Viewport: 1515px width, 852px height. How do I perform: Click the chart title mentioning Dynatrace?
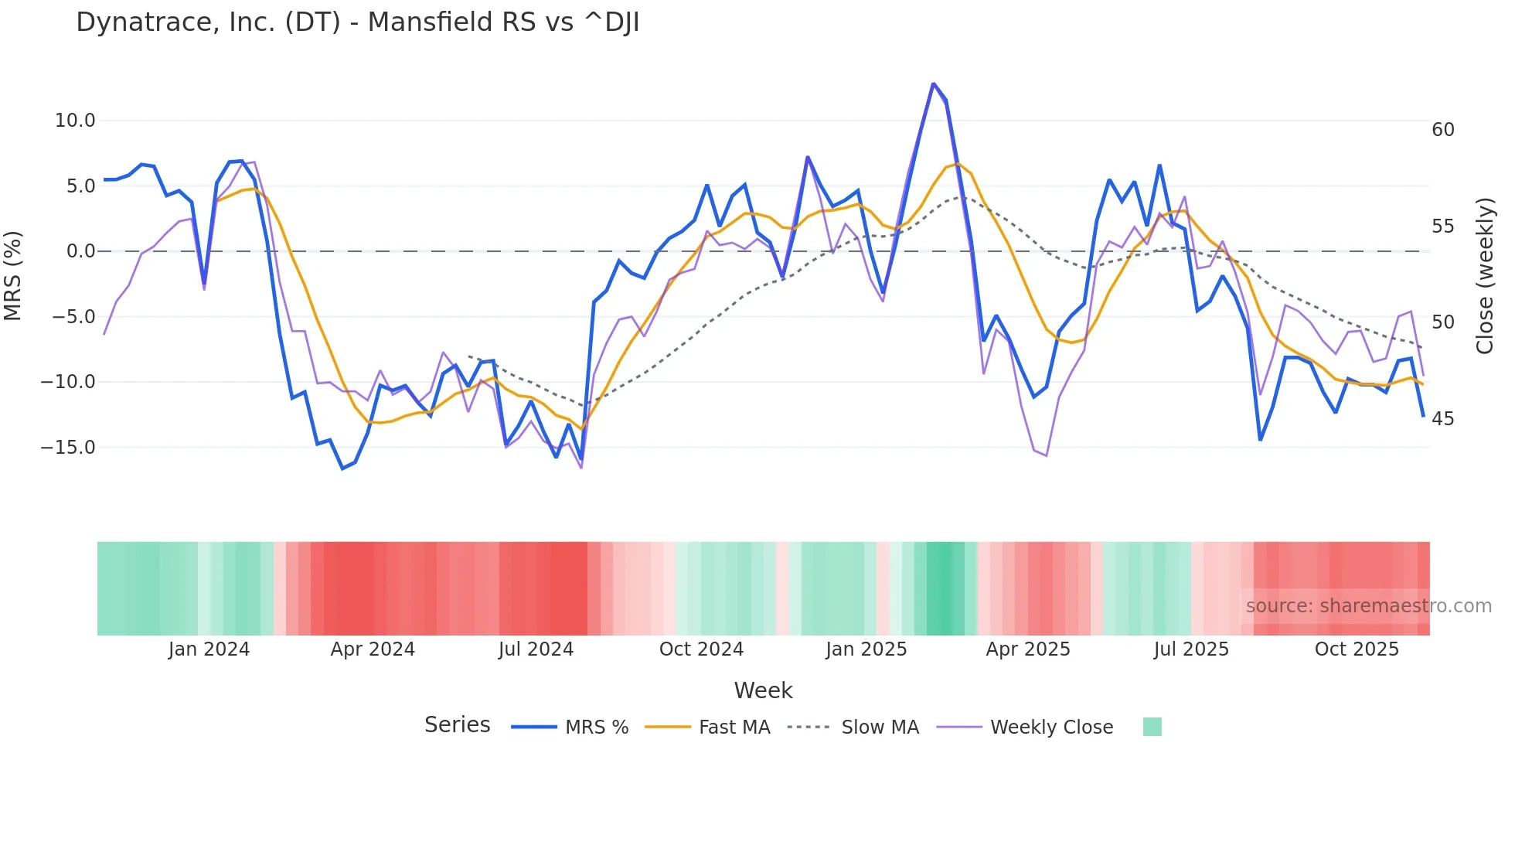(x=357, y=22)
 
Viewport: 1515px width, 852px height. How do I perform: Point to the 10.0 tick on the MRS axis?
(x=75, y=121)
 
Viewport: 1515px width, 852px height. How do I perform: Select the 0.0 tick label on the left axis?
(x=80, y=251)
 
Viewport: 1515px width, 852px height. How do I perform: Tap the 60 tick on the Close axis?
(x=1442, y=130)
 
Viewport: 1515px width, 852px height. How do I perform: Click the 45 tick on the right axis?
(x=1442, y=419)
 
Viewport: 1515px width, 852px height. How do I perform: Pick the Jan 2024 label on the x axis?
(x=209, y=649)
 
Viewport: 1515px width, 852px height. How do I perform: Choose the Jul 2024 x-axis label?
(x=536, y=649)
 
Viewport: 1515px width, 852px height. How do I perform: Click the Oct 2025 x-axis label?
(x=1357, y=649)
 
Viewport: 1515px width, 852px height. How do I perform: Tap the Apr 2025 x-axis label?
(x=1028, y=649)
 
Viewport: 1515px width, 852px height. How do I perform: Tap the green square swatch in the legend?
(x=1152, y=727)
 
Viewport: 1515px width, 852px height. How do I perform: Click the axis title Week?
(x=763, y=690)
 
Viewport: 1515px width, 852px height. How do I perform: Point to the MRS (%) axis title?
(x=13, y=276)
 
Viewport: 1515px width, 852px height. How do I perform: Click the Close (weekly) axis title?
(x=1484, y=276)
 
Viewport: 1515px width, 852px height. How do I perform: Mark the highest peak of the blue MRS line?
(x=934, y=83)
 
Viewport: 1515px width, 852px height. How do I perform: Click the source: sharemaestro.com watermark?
(x=1368, y=606)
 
